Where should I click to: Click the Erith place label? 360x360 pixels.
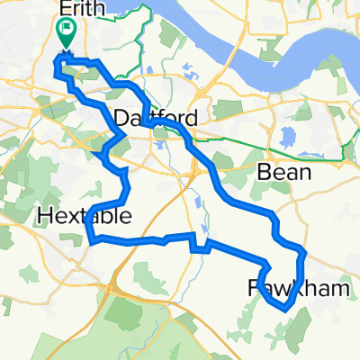tap(82, 10)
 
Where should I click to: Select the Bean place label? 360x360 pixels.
tap(284, 171)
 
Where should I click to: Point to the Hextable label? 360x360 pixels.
tap(85, 216)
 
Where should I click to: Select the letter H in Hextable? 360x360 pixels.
tap(46, 216)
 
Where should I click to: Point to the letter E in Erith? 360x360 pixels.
tap(63, 10)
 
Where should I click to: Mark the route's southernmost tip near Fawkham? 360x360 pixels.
tap(284, 309)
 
